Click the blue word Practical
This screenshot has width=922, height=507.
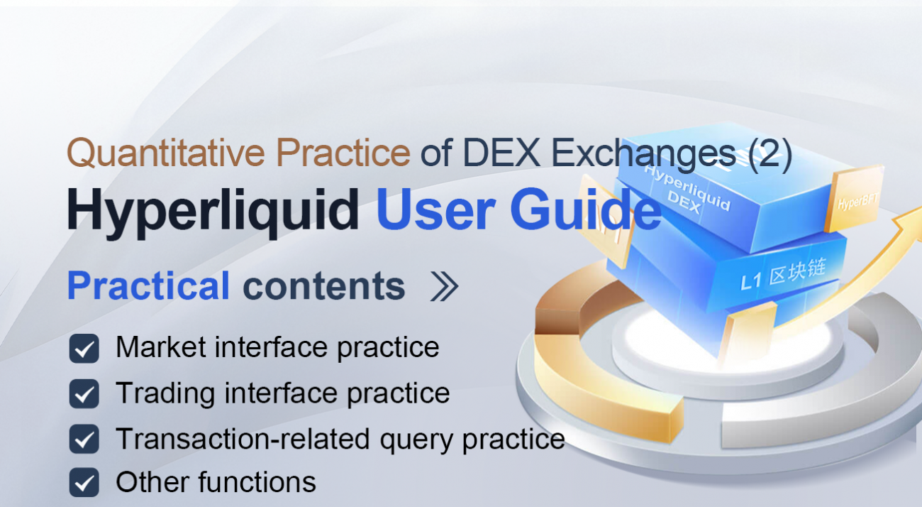[x=148, y=286]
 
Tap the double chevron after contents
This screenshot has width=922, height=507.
[x=445, y=287]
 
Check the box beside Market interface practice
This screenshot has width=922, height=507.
[x=84, y=349]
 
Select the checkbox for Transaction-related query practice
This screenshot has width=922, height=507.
[x=84, y=439]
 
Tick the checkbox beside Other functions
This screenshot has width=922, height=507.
[x=84, y=483]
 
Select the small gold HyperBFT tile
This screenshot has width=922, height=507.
[x=855, y=202]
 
